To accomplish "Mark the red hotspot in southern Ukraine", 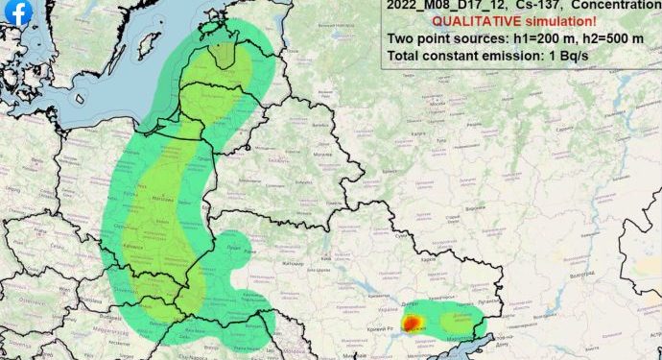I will point(410,324).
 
